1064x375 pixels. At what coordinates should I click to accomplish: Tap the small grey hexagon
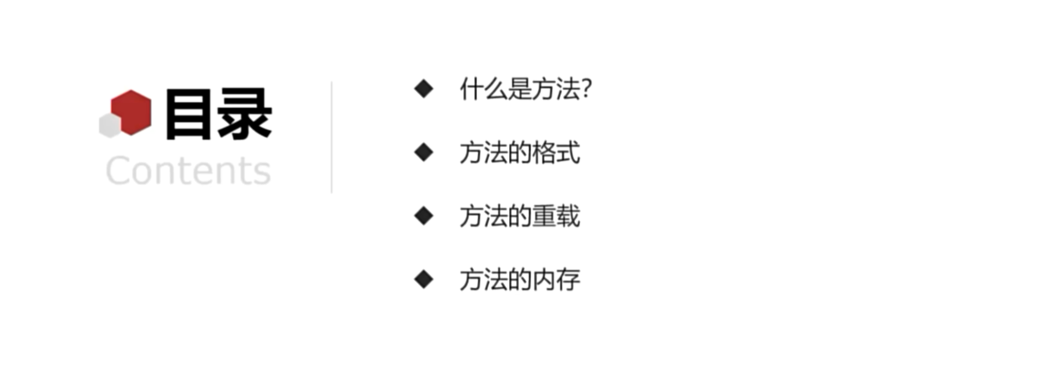click(x=110, y=125)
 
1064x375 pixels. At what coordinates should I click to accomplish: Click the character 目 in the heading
click(x=188, y=114)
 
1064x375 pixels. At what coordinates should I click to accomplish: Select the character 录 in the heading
click(x=244, y=114)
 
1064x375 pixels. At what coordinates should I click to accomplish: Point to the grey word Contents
click(x=188, y=171)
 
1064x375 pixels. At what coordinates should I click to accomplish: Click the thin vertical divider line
click(x=331, y=137)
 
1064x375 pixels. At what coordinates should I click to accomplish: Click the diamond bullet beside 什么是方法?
click(x=424, y=88)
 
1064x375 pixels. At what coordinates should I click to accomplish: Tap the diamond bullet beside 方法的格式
click(x=424, y=152)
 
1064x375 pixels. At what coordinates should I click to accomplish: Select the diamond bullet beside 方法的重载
click(x=424, y=216)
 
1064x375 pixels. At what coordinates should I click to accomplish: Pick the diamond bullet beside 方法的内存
click(x=424, y=279)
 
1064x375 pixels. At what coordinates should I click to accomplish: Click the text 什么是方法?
click(x=526, y=89)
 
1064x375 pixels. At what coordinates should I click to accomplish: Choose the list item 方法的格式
click(x=520, y=153)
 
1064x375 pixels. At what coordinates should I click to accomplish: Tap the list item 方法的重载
click(x=520, y=216)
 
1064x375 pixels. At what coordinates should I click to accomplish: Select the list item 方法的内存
click(x=520, y=279)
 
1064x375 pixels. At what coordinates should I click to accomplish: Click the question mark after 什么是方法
click(x=586, y=89)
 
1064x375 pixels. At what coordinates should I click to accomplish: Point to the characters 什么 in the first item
click(x=484, y=89)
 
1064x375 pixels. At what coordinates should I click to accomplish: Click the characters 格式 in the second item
click(x=557, y=153)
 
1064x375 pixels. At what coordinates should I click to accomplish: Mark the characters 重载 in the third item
click(x=557, y=216)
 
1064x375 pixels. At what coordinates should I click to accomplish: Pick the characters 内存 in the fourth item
click(x=557, y=279)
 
